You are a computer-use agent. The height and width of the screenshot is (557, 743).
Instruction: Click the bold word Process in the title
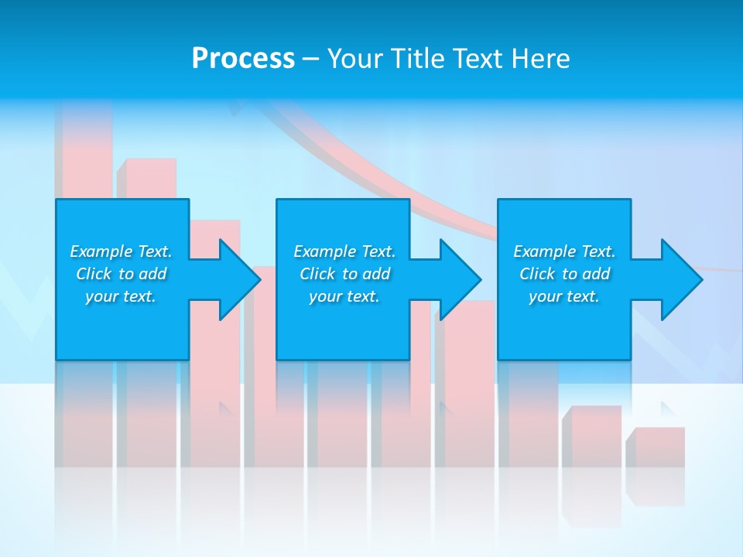[x=243, y=59]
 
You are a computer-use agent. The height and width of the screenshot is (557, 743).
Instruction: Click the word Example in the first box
[x=101, y=251]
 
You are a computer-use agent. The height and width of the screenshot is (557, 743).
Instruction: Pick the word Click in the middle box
[x=317, y=274]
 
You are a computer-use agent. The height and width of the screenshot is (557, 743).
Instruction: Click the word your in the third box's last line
[x=545, y=296]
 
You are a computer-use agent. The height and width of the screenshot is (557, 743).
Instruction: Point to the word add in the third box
[x=597, y=274]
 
